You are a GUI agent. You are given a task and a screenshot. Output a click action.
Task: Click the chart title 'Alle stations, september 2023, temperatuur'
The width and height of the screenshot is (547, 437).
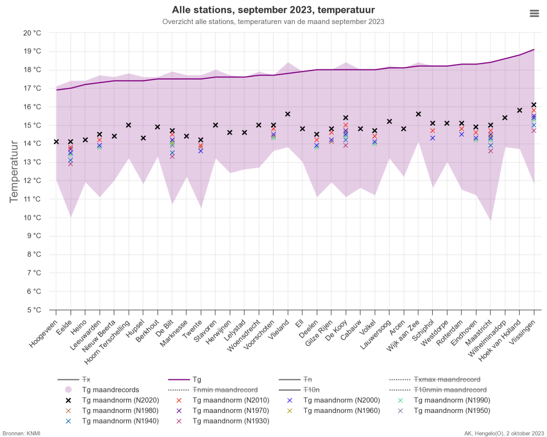pyautogui.click(x=273, y=10)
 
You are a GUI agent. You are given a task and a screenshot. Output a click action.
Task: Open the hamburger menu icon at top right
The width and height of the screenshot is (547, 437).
pyautogui.click(x=534, y=13)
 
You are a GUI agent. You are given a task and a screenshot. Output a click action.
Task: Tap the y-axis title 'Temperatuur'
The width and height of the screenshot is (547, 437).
pyautogui.click(x=15, y=171)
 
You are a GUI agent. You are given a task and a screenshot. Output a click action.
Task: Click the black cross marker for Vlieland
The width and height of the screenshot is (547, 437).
pyautogui.click(x=287, y=114)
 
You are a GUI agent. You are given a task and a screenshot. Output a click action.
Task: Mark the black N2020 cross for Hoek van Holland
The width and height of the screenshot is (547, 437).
pyautogui.click(x=519, y=110)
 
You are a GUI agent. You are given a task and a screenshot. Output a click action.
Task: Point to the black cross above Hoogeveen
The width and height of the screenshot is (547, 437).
pyautogui.click(x=56, y=141)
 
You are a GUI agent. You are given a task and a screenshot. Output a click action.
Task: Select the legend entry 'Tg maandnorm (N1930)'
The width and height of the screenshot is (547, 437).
pyautogui.click(x=230, y=421)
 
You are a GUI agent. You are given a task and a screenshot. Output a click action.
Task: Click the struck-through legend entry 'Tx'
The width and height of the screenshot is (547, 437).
pyautogui.click(x=86, y=379)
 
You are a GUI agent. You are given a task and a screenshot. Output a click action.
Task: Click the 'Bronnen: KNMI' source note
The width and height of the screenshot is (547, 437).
pyautogui.click(x=21, y=433)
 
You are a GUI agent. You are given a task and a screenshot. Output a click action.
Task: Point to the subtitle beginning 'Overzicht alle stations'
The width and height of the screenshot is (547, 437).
pyautogui.click(x=273, y=22)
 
